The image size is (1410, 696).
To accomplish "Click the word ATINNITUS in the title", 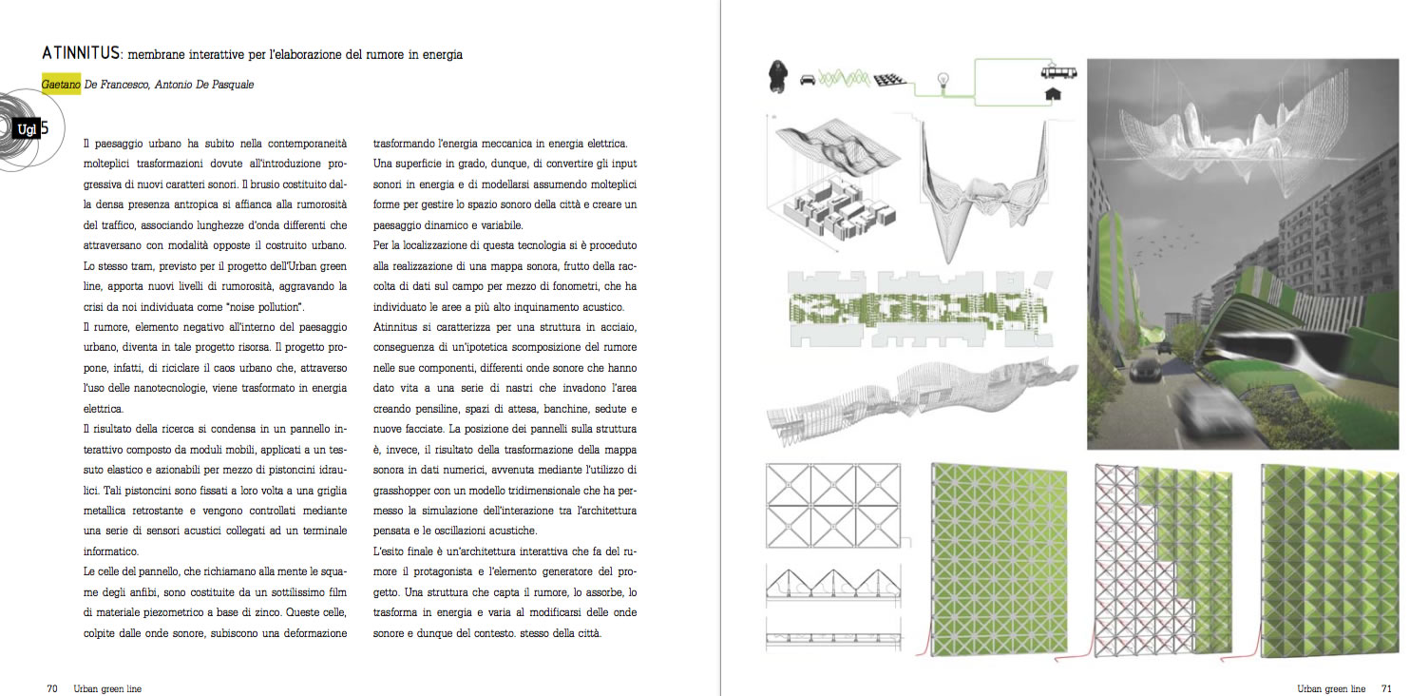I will [82, 54].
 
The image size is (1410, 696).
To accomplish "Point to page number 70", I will [53, 687].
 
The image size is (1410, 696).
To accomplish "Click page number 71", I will [1386, 687].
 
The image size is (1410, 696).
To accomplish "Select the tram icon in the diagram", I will [1054, 71].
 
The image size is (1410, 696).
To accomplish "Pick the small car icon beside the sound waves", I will [808, 80].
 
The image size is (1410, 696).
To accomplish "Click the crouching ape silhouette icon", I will [777, 77].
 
